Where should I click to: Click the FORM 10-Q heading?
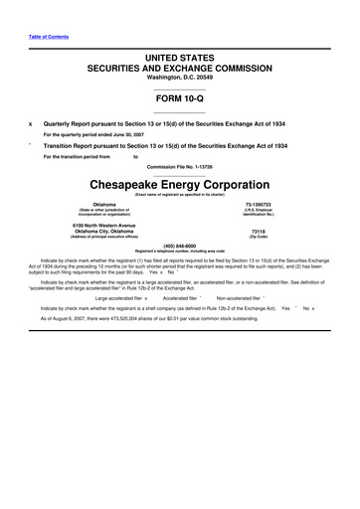[x=179, y=98]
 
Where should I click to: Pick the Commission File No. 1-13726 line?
[x=179, y=166]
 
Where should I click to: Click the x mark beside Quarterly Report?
[x=33, y=124]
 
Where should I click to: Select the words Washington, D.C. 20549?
[x=179, y=78]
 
